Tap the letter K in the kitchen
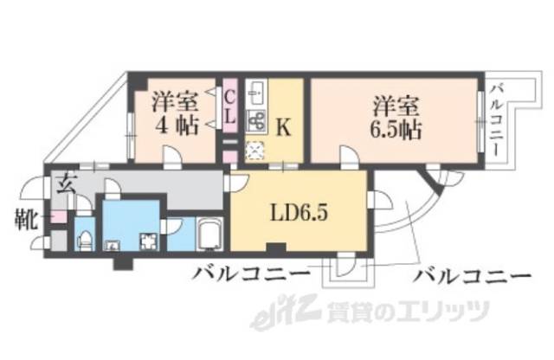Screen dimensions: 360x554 click(x=282, y=127)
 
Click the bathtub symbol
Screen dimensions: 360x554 click(x=210, y=234)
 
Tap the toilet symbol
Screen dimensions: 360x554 click(x=85, y=238)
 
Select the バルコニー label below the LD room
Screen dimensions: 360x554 click(x=250, y=276)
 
